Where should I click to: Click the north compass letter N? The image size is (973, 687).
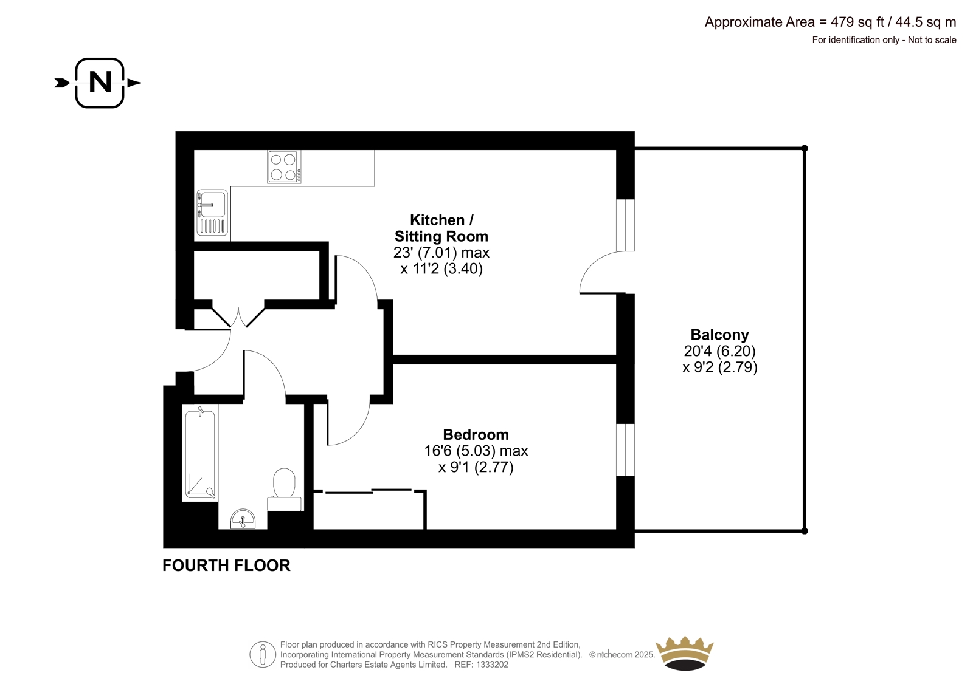100,82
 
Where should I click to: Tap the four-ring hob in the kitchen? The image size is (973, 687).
284,166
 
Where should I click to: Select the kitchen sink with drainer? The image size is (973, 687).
212,213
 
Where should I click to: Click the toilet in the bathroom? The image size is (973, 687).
284,489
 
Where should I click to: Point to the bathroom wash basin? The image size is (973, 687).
243,519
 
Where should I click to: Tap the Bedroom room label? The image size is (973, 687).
476,434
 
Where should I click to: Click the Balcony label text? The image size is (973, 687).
720,335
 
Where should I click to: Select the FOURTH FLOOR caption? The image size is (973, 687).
226,566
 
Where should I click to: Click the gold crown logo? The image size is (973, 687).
685,653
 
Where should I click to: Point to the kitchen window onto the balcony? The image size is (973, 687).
626,225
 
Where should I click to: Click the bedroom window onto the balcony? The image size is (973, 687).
626,449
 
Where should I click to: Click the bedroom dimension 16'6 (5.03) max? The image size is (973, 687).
476,451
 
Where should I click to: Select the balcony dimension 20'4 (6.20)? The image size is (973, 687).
720,350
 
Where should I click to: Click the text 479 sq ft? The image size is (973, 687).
857,22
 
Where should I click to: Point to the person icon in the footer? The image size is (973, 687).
262,654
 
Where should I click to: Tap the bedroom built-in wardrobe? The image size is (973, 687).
370,510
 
